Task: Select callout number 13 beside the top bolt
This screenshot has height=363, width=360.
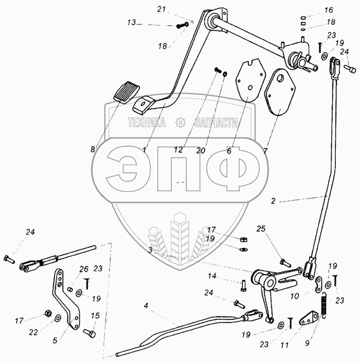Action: (x=132, y=23)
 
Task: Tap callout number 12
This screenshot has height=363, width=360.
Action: (x=178, y=150)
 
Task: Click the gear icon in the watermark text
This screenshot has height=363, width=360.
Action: (x=180, y=122)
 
